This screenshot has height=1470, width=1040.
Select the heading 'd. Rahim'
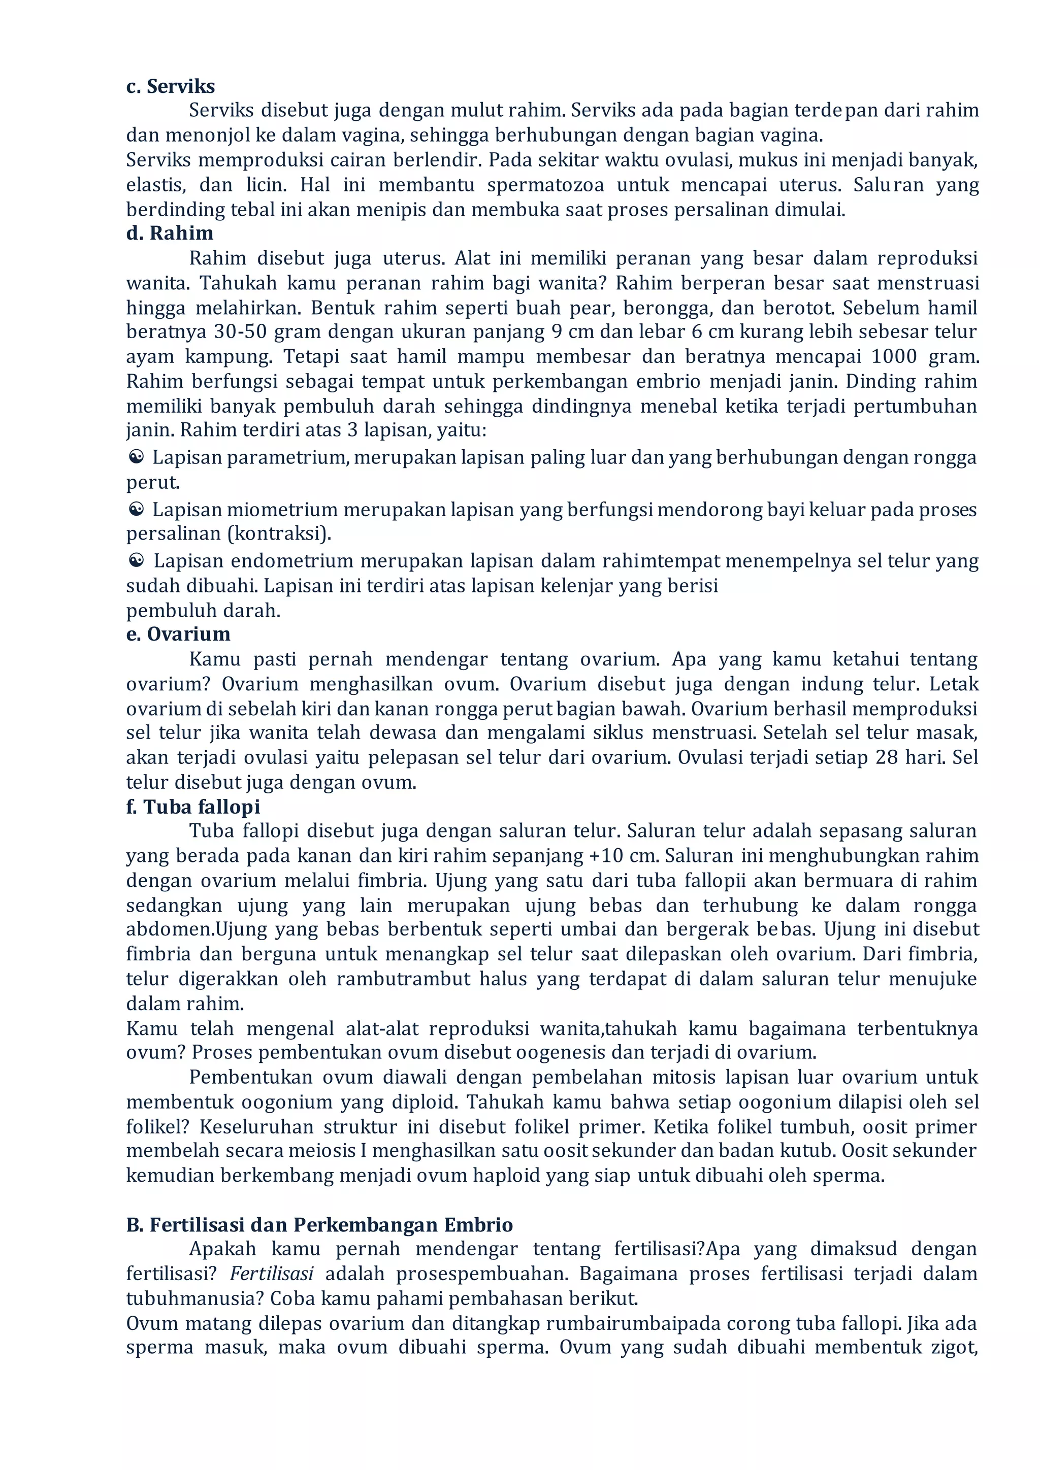point(170,233)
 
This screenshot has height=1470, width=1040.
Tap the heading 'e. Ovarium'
point(178,634)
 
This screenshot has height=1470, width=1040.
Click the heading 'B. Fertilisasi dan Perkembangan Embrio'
point(319,1225)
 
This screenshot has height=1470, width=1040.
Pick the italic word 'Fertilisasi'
point(272,1274)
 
